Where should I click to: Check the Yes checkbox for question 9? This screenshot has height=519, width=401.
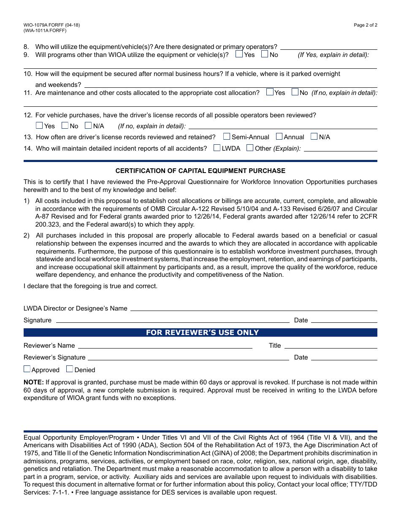point(239,54)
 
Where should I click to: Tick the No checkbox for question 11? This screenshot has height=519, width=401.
point(295,92)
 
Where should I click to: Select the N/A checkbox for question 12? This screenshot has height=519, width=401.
point(88,125)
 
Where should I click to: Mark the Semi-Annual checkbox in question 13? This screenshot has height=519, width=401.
point(227,136)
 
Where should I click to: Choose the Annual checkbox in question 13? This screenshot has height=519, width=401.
point(279,136)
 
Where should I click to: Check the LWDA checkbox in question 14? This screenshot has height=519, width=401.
point(217,148)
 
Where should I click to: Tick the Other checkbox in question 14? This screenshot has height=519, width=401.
point(250,148)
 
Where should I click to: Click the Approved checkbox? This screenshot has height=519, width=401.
point(27,369)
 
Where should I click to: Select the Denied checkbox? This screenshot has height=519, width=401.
point(70,369)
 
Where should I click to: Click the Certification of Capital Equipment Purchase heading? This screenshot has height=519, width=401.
point(200,171)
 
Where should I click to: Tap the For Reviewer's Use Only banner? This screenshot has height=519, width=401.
point(200,332)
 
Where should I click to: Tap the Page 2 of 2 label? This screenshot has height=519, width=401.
point(366,25)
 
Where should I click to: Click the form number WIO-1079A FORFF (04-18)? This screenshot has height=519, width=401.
point(51,25)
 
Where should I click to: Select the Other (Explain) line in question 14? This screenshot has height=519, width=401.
point(340,150)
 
